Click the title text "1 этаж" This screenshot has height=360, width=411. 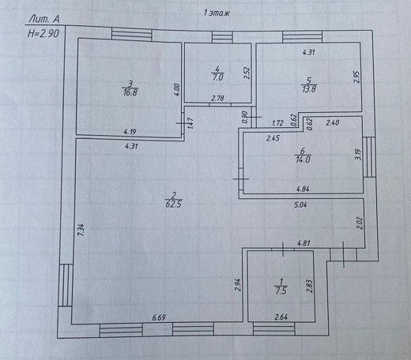217,13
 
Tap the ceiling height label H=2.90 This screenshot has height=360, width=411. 43,33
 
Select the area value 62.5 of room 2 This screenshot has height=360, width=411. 174,204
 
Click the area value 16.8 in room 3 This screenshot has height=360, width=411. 130,92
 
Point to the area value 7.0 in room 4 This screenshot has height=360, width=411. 217,77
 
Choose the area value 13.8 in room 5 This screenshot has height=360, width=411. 309,89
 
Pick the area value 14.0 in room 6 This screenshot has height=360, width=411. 303,159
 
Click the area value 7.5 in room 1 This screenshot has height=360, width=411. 281,291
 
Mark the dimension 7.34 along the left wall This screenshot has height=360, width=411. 81,230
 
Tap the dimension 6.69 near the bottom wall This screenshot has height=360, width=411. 159,317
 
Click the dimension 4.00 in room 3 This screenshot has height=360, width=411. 177,90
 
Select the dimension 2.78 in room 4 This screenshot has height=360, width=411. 218,99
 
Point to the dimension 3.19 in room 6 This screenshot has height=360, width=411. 358,154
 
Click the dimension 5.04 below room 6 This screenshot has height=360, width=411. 300,204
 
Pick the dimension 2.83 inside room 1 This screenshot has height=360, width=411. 309,286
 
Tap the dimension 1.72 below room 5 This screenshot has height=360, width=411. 277,123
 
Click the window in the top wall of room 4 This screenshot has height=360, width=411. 222,37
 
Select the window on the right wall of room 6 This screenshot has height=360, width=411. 369,157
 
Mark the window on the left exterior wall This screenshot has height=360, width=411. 66,285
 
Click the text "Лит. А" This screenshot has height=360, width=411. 44,19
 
